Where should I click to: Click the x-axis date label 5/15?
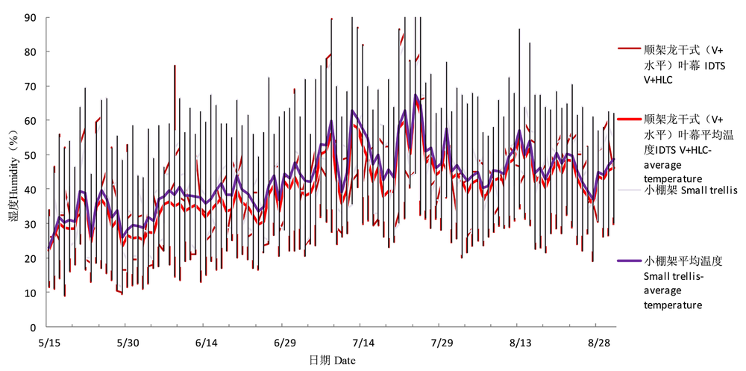(x=48, y=343)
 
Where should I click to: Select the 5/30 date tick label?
(x=127, y=343)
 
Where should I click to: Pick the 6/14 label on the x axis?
(x=205, y=343)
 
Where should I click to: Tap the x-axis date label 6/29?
(x=283, y=343)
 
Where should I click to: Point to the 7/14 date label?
(x=362, y=343)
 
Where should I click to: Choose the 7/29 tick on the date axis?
(x=440, y=343)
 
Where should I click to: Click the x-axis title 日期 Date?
(x=333, y=360)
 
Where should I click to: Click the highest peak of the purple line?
(x=416, y=96)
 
